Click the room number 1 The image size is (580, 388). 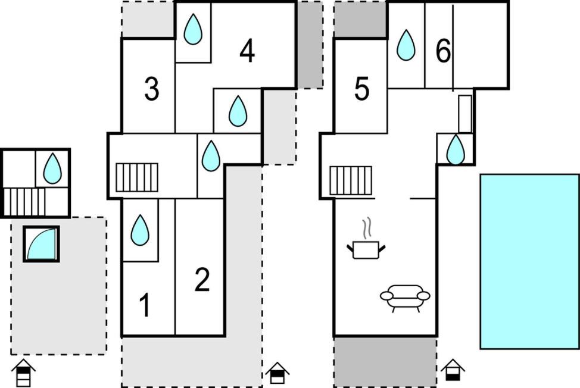[145, 305]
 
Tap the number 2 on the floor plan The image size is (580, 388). [202, 279]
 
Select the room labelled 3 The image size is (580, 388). [152, 89]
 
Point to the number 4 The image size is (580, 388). [247, 51]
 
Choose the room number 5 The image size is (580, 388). [361, 89]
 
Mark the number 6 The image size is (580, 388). [443, 51]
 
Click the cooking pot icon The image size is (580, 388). [366, 249]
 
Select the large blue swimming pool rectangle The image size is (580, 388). [529, 262]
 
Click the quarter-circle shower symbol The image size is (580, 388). [42, 244]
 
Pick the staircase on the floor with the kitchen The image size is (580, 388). [351, 180]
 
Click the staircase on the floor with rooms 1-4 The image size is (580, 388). [137, 177]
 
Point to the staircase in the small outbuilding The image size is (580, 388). [24, 202]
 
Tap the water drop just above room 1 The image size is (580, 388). [140, 230]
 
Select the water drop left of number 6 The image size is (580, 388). [406, 45]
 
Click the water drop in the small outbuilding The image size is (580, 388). [52, 168]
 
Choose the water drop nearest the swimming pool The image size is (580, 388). [456, 149]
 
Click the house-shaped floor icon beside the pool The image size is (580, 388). [453, 370]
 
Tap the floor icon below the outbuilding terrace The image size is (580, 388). [23, 373]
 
